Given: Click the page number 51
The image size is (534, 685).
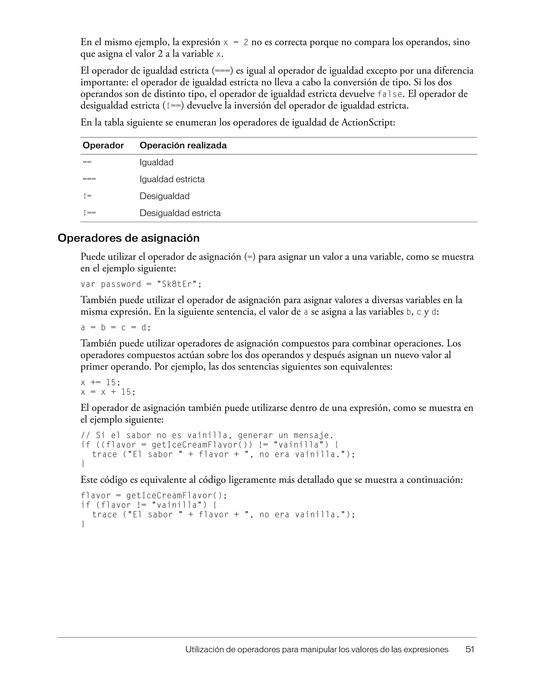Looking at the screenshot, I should pyautogui.click(x=469, y=649).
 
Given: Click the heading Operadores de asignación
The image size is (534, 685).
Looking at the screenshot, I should pyautogui.click(x=129, y=238).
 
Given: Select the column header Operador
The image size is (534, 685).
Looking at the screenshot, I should pyautogui.click(x=103, y=145).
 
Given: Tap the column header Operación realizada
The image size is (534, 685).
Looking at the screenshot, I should pyautogui.click(x=183, y=145).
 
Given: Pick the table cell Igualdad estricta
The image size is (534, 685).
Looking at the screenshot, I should pyautogui.click(x=172, y=179).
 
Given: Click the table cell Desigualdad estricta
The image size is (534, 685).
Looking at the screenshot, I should pyautogui.click(x=180, y=213).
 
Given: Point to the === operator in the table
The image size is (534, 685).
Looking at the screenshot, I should pyautogui.click(x=89, y=179).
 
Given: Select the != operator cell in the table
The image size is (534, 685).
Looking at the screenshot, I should pyautogui.click(x=88, y=196).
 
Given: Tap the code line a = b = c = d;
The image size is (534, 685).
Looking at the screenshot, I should pyautogui.click(x=116, y=328).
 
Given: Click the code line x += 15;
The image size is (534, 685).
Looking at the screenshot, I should pyautogui.click(x=100, y=383).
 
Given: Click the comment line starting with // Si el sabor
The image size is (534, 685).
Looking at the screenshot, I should pyautogui.click(x=207, y=435).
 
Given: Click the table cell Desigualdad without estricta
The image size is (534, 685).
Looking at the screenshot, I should pyautogui.click(x=165, y=196).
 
